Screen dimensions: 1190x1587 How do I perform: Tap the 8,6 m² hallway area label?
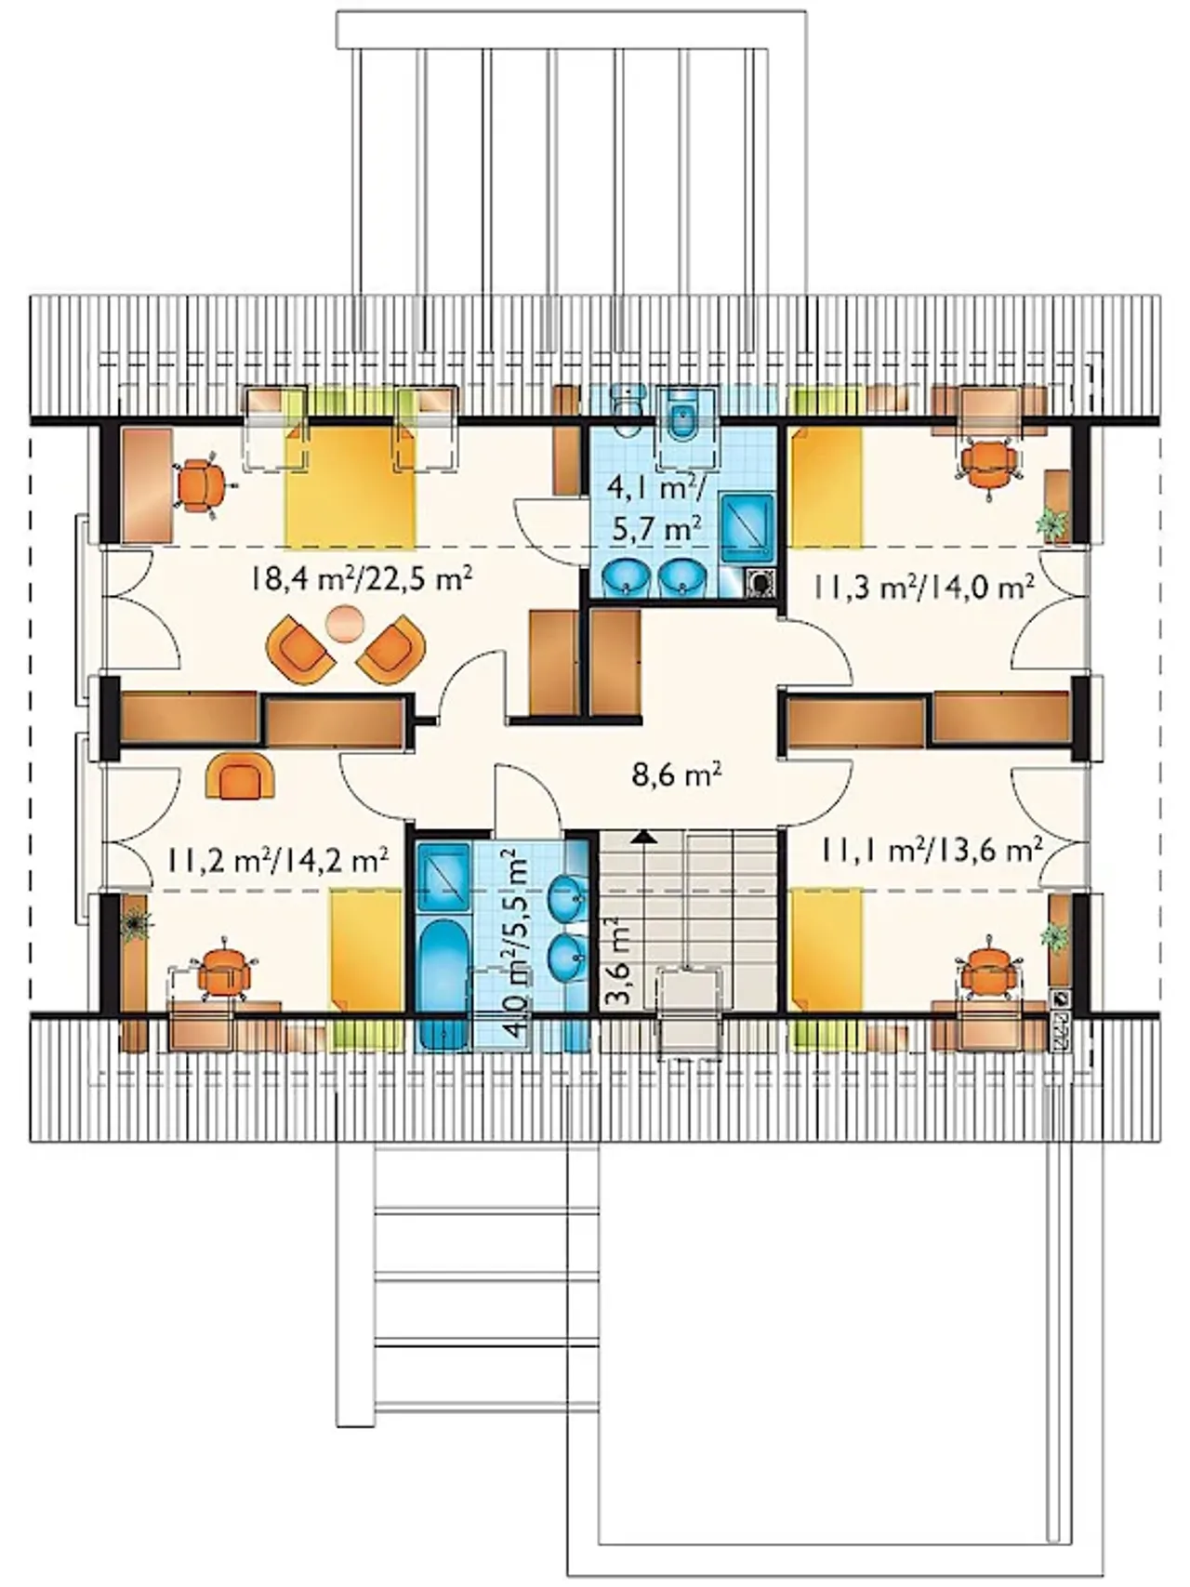pyautogui.click(x=678, y=774)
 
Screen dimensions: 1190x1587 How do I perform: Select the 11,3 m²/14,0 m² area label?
pyautogui.click(x=925, y=588)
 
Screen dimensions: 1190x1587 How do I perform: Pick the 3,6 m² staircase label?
pyautogui.click(x=618, y=963)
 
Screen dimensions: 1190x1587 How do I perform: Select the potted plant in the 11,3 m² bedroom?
pyautogui.click(x=1052, y=523)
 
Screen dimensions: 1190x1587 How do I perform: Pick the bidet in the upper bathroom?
pyautogui.click(x=686, y=423)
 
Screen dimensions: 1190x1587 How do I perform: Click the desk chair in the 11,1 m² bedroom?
pyautogui.click(x=986, y=972)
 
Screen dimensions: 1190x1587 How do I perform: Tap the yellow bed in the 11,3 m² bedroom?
pyautogui.click(x=826, y=487)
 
